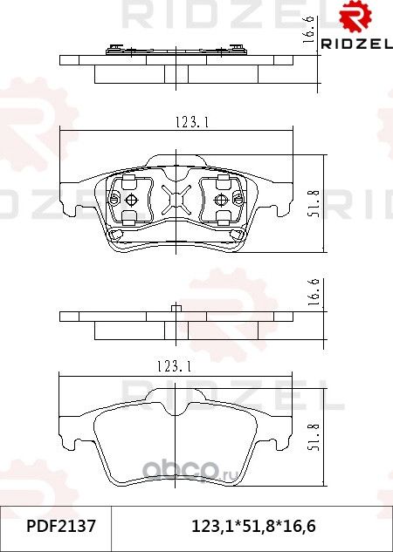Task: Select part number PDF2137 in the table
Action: click(x=55, y=528)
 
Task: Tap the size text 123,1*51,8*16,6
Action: click(x=253, y=528)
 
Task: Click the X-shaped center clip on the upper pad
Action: click(x=177, y=202)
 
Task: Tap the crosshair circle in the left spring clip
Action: click(x=130, y=201)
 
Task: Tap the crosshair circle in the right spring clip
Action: click(x=225, y=201)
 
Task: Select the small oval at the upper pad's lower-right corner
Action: click(x=236, y=235)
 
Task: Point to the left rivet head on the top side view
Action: click(x=114, y=47)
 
